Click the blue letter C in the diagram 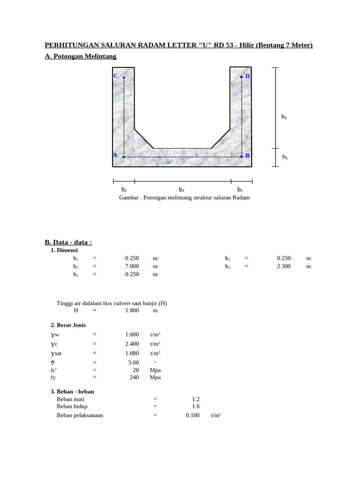point(115,76)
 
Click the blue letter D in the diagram point(247,76)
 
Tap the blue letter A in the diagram point(115,155)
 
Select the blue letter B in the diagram point(247,156)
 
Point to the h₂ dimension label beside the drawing point(284,117)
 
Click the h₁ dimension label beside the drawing point(285,157)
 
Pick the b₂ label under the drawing point(182,189)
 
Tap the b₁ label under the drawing point(124,189)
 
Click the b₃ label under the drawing point(240,189)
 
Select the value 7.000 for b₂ point(132,266)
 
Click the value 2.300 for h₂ point(284,266)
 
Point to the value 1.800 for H point(132,310)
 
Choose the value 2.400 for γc point(132,344)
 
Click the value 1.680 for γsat point(132,353)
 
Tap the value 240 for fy point(134,377)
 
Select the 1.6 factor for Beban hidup point(195,406)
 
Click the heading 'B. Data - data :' point(68,242)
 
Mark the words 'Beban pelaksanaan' point(80,415)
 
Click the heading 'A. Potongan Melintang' point(81,56)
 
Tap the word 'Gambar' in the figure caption point(129,197)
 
